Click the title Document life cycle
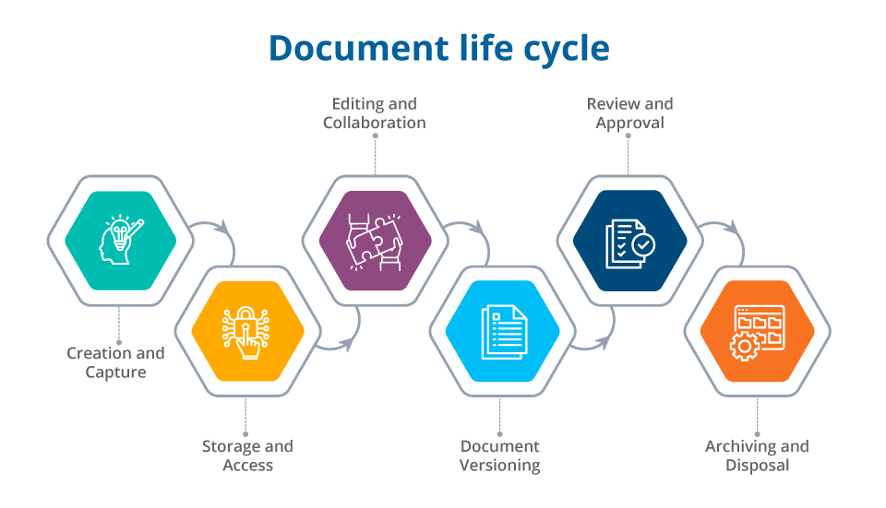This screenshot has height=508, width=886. pos(439,48)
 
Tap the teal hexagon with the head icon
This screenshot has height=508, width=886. pos(120,242)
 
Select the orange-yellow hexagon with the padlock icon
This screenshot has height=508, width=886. pos(247,331)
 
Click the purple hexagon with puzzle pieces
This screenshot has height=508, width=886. pos(376,242)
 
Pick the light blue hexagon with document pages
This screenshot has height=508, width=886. pos(502,331)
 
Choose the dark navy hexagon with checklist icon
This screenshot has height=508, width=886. pos(629,242)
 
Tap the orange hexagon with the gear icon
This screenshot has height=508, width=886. pos(757,331)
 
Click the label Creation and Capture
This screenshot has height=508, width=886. pos(115,362)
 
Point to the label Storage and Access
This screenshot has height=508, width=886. pos(247,455)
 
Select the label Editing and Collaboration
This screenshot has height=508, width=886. pos(375,113)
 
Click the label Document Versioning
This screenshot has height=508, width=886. pos(500,455)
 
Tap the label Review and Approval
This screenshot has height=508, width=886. pos(629,113)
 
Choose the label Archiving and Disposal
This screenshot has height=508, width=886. pos(757,455)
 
